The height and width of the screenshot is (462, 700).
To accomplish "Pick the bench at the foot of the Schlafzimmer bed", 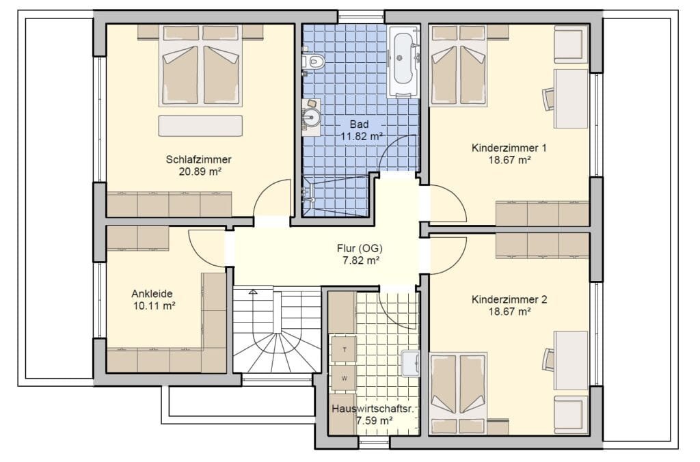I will tap(200, 126).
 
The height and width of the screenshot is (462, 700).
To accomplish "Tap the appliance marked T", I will tap(344, 349).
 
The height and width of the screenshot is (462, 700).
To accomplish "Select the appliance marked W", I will tap(344, 377).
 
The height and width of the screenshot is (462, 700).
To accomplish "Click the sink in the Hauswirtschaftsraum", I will tap(410, 363).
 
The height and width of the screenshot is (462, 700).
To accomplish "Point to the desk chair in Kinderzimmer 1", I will tap(549, 98).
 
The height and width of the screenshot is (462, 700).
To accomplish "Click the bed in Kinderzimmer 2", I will tap(457, 393).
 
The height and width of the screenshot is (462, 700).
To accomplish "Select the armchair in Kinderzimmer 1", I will tap(570, 44).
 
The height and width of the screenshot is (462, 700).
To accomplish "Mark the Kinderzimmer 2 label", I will tap(509, 299).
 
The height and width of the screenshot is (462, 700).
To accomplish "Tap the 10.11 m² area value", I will tap(153, 306).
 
